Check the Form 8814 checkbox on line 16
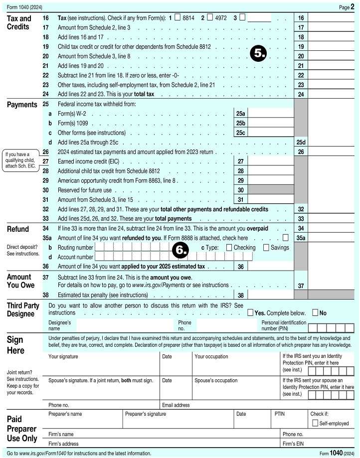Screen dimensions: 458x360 coord(177,17)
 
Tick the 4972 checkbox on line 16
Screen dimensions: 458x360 coord(209,17)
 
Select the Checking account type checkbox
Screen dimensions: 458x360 coord(229,248)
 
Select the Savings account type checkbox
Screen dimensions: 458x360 coord(266,248)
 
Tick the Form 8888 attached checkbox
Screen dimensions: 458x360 coord(285,238)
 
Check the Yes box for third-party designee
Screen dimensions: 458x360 coord(250,313)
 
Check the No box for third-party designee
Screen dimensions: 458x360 coord(315,313)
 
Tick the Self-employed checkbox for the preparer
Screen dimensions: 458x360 coord(315,423)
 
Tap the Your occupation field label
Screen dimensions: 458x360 coord(211,357)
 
